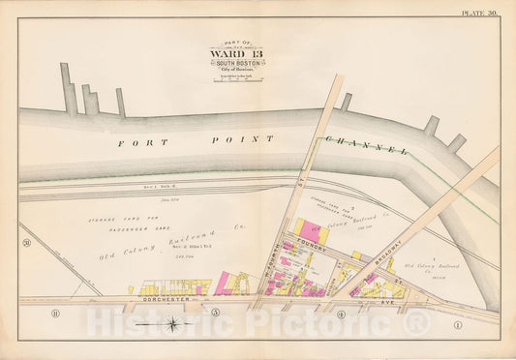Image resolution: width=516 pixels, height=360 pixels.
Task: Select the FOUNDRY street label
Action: click(315, 247)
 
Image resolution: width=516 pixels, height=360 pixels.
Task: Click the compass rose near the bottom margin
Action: click(172, 323)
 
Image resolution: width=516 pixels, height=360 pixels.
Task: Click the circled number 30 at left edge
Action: click(28, 241)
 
